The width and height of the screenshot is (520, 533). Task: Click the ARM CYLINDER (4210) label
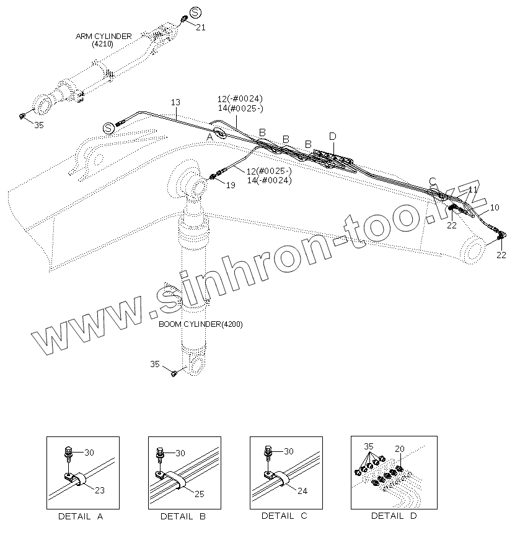(104, 40)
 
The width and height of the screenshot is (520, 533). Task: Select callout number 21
(200, 27)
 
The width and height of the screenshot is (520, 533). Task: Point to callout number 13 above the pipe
(175, 102)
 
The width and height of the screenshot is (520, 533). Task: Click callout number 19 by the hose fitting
(230, 185)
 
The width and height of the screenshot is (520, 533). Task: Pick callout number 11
(473, 189)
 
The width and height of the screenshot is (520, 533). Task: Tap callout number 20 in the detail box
(399, 449)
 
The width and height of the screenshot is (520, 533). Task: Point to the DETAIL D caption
(394, 516)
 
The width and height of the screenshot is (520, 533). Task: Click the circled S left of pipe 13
(108, 128)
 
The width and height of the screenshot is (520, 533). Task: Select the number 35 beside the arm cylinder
(38, 125)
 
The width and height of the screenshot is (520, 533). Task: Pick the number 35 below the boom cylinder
(155, 364)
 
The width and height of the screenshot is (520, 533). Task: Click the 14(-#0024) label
(268, 180)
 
